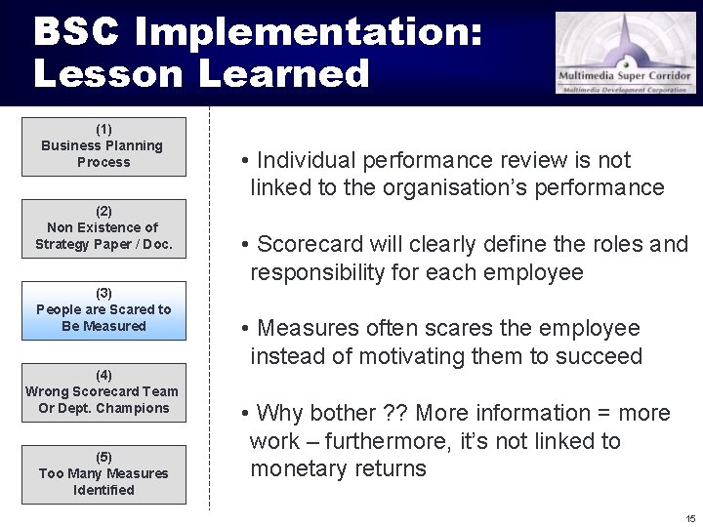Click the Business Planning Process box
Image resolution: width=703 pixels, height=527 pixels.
coord(103,146)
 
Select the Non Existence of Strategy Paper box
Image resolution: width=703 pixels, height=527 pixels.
coord(103,228)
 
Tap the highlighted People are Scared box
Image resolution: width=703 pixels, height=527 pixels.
coord(103,310)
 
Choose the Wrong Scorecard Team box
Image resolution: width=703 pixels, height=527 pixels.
coord(103,392)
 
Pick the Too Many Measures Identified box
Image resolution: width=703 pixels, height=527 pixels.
coord(103,474)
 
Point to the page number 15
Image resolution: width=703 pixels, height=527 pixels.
coord(690,518)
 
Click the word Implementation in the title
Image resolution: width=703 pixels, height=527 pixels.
coord(309,32)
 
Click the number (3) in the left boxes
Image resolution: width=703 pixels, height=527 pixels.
coord(103,293)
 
